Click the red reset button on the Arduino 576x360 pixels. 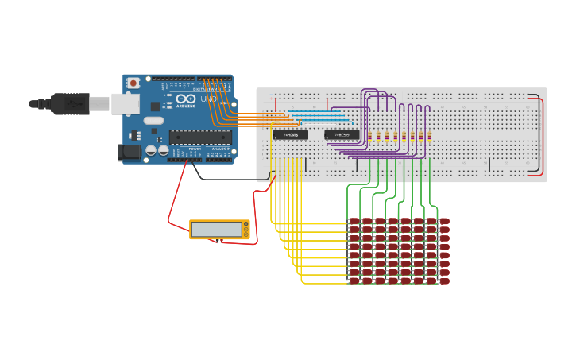[x=133, y=82]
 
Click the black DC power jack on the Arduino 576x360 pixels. [x=127, y=152]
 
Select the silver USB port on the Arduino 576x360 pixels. [x=124, y=103]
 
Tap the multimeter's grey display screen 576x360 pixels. [x=216, y=230]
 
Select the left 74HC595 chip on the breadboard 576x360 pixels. [x=291, y=135]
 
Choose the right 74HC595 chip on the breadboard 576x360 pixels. [x=342, y=135]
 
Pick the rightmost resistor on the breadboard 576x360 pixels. [x=430, y=137]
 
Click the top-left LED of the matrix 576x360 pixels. [x=354, y=221]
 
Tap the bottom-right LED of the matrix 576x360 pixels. [x=443, y=281]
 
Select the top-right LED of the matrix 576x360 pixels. [x=443, y=221]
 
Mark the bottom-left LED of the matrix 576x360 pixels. [x=354, y=281]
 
